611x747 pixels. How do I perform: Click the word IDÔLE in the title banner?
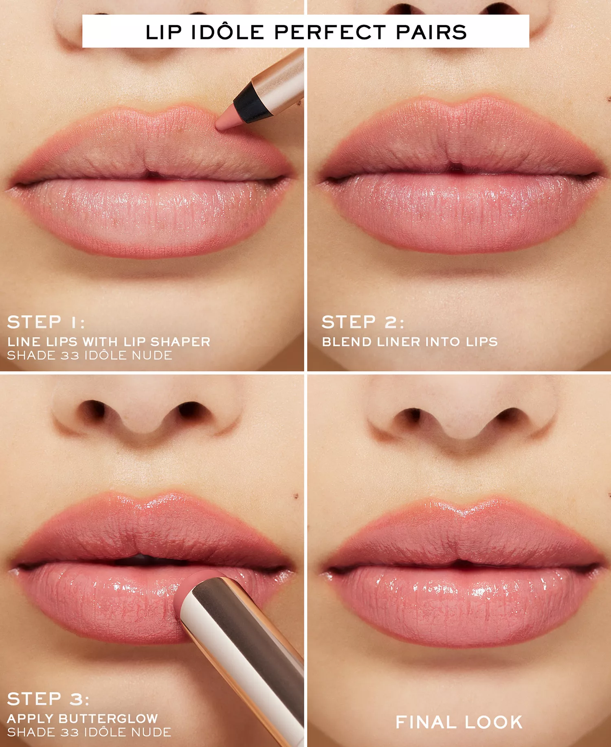tap(228, 32)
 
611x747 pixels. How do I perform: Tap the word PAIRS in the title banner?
tap(431, 32)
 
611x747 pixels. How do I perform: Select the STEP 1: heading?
tap(46, 322)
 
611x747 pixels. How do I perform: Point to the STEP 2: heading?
tap(363, 322)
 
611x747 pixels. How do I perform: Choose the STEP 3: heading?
tap(48, 699)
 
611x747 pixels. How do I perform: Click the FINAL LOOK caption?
tap(459, 723)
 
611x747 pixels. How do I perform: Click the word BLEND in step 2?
tap(347, 342)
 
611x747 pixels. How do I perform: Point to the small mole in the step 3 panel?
tap(297, 496)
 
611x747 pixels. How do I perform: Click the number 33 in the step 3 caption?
tap(70, 732)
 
